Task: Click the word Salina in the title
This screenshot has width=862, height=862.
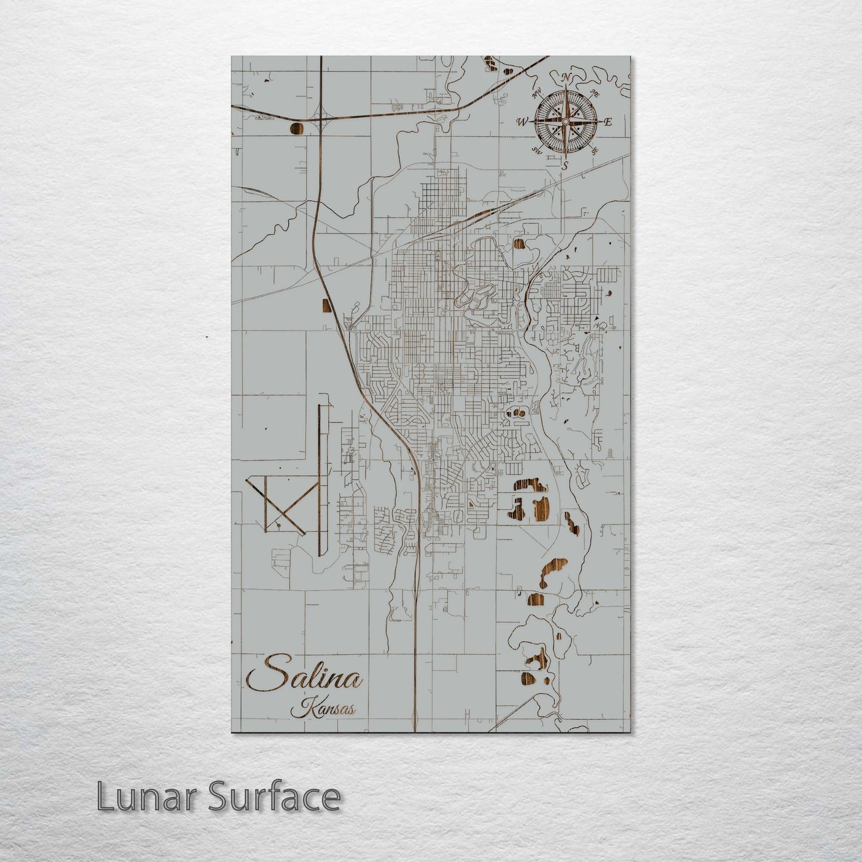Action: tap(305, 678)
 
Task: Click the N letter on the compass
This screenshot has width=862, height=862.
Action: tap(565, 78)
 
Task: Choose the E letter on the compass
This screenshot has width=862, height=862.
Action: tap(608, 122)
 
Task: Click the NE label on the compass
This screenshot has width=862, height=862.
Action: tap(594, 93)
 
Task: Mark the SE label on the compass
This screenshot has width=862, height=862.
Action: tap(594, 152)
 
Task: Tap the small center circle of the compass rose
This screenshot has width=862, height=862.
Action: tap(565, 122)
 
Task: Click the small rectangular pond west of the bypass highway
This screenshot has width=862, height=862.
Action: tap(326, 305)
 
